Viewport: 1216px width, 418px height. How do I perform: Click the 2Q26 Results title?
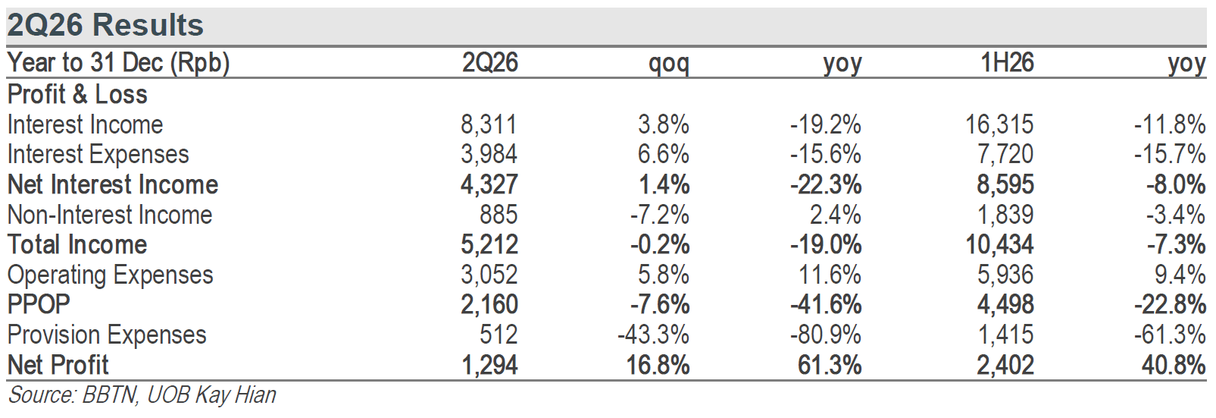click(x=105, y=25)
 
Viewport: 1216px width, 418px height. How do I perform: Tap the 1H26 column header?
click(x=1007, y=62)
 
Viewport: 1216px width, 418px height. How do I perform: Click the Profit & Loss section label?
click(x=77, y=94)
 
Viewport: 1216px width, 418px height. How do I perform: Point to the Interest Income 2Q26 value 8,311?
click(x=489, y=124)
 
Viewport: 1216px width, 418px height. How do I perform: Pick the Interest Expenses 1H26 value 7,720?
click(x=1005, y=154)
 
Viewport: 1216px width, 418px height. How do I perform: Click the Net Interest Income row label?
click(x=112, y=184)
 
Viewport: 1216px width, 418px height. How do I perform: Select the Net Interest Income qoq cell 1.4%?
click(x=664, y=184)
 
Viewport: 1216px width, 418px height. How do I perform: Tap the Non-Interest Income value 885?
click(x=499, y=215)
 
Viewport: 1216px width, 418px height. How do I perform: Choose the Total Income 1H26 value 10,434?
click(x=999, y=244)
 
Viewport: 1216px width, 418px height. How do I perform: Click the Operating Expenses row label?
click(x=110, y=275)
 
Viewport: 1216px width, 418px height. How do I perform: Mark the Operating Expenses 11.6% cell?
click(x=830, y=275)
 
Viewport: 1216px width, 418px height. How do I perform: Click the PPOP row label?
click(x=39, y=304)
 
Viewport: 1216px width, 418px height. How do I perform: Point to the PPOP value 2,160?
click(x=489, y=304)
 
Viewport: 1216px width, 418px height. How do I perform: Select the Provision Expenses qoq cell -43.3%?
click(x=654, y=335)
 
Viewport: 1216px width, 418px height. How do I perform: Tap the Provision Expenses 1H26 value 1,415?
click(x=1005, y=335)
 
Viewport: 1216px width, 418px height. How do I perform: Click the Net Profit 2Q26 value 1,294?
click(x=489, y=365)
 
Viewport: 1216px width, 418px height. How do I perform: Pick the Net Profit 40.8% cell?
click(x=1174, y=365)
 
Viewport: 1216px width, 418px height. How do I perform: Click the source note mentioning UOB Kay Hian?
click(x=142, y=395)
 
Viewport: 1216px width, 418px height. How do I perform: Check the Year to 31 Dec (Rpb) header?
click(x=118, y=63)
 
